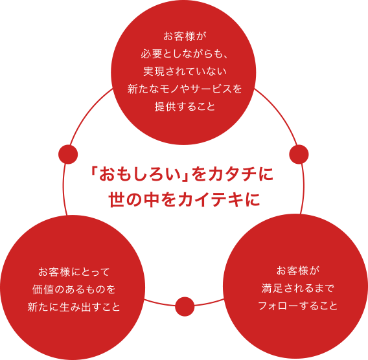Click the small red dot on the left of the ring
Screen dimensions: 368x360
(x=68, y=154)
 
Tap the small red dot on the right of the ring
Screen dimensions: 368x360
(x=299, y=154)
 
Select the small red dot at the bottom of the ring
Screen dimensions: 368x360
(x=185, y=306)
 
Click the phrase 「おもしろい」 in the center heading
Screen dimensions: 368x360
(x=140, y=175)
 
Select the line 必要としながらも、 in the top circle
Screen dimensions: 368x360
(x=184, y=54)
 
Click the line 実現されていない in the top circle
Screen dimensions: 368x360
(x=185, y=71)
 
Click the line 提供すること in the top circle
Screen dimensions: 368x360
(x=185, y=106)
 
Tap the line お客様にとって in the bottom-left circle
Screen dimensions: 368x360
(x=74, y=272)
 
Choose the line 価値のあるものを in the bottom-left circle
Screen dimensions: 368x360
(x=74, y=289)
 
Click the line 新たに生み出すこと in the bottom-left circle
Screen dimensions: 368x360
(x=74, y=307)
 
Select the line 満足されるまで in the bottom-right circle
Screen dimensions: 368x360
(x=297, y=288)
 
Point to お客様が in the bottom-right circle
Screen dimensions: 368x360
(x=297, y=271)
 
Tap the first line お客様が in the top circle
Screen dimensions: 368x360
(x=185, y=37)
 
